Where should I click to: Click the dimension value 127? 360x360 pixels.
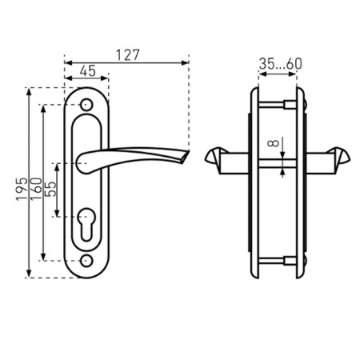point(128,55)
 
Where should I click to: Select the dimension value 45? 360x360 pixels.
point(88,71)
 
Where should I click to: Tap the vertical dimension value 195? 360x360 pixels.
point(22,189)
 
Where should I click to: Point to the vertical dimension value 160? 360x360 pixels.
point(36,189)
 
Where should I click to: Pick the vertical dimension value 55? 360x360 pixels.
point(50,189)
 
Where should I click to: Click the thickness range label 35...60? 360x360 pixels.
point(281,64)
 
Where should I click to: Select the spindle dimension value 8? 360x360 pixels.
point(273,143)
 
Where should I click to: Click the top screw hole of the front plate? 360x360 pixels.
point(86,105)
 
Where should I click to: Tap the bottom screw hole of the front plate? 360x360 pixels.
point(86,261)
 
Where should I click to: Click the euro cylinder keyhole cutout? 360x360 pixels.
point(86,223)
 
